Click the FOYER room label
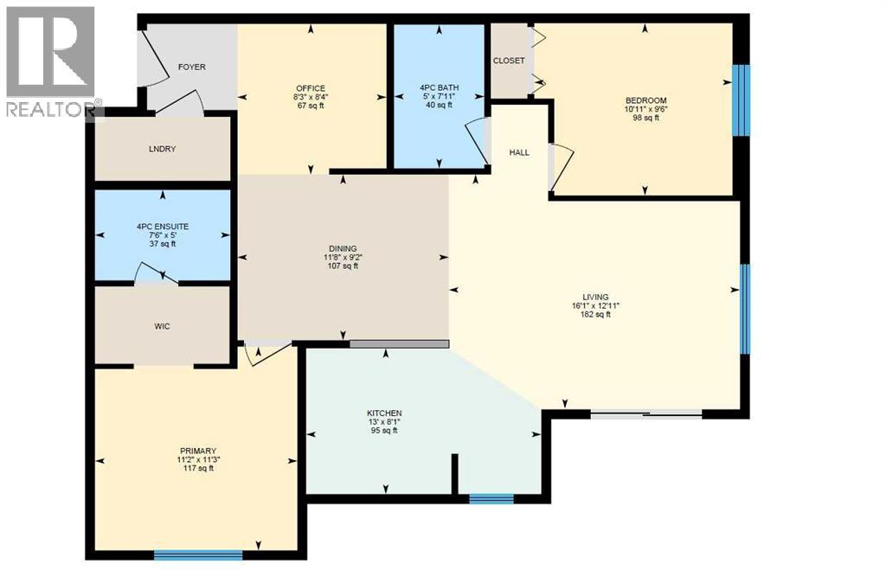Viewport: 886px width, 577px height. [x=191, y=67]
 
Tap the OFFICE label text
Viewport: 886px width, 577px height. [x=310, y=88]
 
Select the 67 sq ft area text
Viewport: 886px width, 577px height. [x=310, y=106]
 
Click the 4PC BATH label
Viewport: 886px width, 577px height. [x=440, y=87]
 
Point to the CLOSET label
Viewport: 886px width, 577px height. [x=509, y=61]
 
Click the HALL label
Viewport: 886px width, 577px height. [x=519, y=152]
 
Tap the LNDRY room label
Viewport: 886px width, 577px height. [x=162, y=149]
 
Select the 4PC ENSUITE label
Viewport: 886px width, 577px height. [x=162, y=227]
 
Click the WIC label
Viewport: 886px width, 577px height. [x=162, y=326]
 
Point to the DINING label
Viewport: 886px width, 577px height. [x=343, y=248]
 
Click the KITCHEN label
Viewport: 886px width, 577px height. [x=384, y=413]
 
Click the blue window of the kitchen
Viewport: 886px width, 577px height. [x=491, y=498]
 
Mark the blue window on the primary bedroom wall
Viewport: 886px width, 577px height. [x=204, y=555]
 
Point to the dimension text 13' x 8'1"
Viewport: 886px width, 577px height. [x=384, y=421]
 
